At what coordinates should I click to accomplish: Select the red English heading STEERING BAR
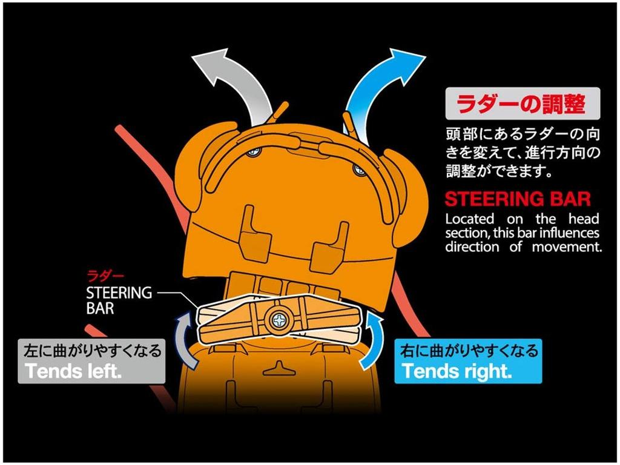[518, 199]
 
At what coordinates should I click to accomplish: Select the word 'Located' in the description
[470, 219]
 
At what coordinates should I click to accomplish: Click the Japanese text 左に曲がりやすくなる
[93, 351]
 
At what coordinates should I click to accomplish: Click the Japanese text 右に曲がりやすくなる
[469, 350]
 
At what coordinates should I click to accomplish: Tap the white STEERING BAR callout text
[119, 300]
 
